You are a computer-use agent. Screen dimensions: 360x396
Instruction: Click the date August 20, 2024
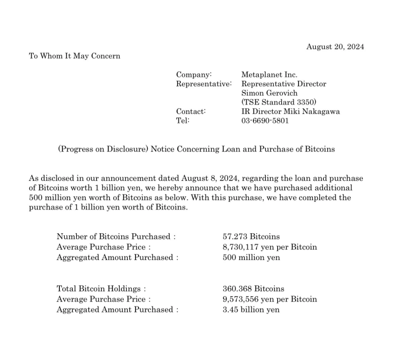click(335, 47)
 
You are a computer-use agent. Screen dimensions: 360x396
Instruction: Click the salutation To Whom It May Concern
click(74, 56)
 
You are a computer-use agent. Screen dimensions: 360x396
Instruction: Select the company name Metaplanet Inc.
click(269, 75)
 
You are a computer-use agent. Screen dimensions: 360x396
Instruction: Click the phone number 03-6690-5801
click(265, 120)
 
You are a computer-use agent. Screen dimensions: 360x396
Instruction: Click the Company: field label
click(194, 75)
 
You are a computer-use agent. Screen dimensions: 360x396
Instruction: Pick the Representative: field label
click(204, 84)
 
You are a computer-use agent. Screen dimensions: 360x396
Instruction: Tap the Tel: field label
click(183, 120)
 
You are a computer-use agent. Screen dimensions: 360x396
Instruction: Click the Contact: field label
click(191, 111)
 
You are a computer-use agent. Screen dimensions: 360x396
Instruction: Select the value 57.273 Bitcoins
click(251, 237)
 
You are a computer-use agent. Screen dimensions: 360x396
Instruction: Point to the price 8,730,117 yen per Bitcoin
click(270, 247)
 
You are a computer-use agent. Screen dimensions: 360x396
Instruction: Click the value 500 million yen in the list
click(251, 257)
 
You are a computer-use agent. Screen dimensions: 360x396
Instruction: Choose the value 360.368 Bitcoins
click(253, 289)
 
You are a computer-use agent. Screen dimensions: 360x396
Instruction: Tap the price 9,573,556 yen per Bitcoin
click(270, 299)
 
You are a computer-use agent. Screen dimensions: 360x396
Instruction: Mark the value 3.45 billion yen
click(251, 309)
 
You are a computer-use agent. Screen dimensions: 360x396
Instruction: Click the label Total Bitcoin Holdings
click(101, 289)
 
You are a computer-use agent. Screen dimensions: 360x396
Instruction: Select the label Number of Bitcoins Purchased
click(116, 237)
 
